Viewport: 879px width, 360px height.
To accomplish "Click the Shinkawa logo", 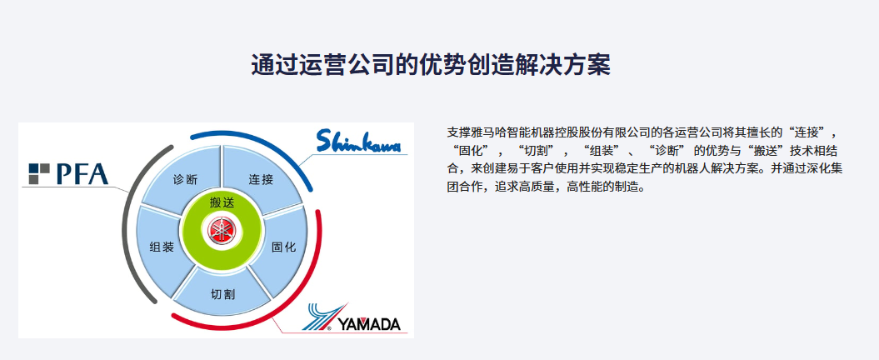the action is pos(359,141).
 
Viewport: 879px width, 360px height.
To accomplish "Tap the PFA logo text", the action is pos(82,174).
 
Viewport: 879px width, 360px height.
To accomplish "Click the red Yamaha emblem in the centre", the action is pos(222,231).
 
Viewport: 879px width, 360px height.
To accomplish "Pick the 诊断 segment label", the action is pos(185,179).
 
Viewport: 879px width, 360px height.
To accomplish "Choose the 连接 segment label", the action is pos(261,179).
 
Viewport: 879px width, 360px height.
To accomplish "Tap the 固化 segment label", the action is pos(283,247).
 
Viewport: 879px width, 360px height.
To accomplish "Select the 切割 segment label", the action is pos(222,294).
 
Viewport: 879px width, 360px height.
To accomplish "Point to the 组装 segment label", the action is pos(162,247).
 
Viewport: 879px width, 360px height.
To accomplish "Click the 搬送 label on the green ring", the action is pos(222,203).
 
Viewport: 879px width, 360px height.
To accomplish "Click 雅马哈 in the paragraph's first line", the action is pos(488,132).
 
